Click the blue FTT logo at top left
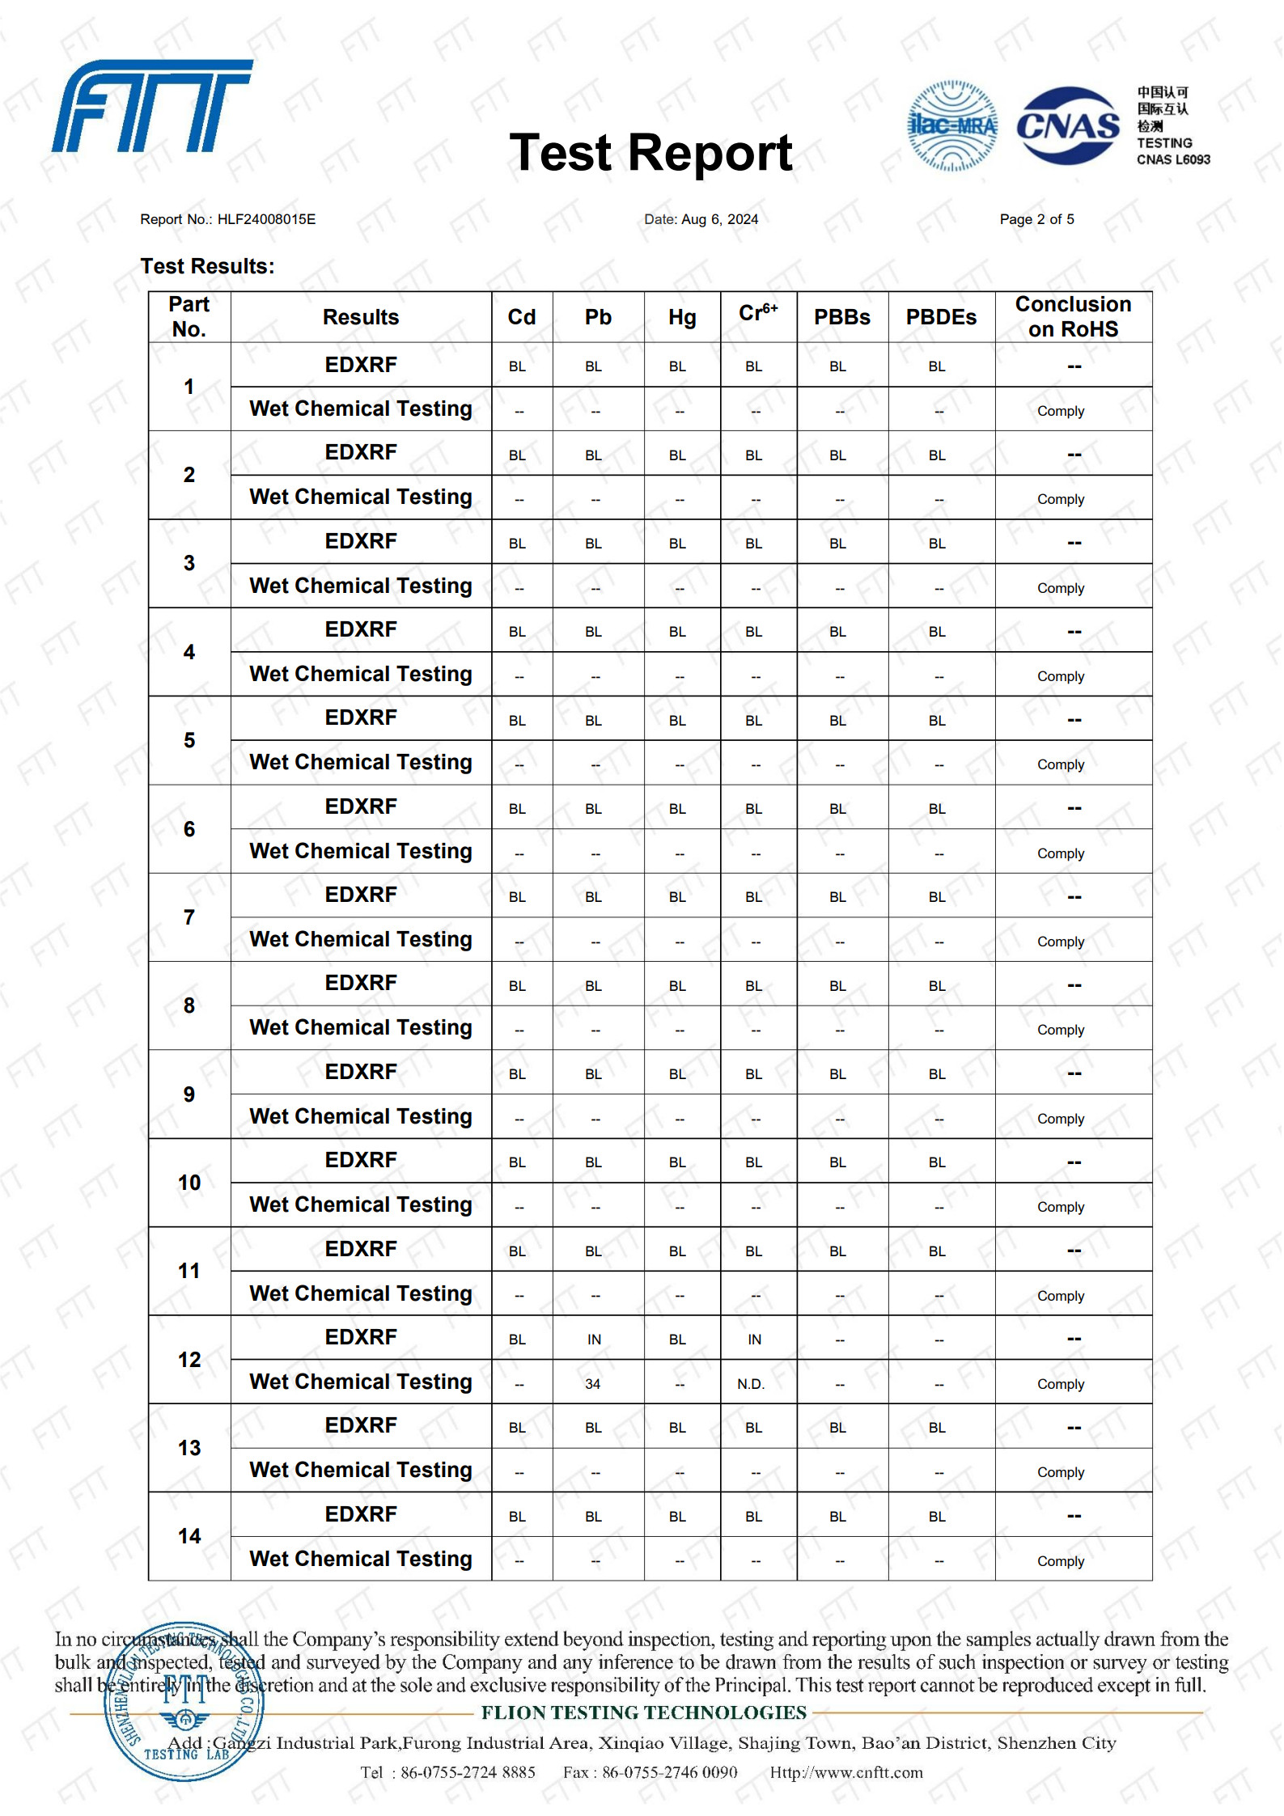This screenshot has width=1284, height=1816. (x=152, y=106)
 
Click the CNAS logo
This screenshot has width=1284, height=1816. (x=1067, y=125)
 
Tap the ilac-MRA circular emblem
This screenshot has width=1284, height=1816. (x=952, y=125)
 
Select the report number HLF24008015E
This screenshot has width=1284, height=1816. (x=266, y=219)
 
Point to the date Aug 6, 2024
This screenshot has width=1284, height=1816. (x=719, y=219)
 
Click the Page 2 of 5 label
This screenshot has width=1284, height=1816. (x=1036, y=219)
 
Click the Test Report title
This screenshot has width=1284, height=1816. (x=650, y=153)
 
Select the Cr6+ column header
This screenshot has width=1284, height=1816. (x=757, y=315)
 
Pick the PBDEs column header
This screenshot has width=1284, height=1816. (x=941, y=317)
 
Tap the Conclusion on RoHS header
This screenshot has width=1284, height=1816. (x=1073, y=316)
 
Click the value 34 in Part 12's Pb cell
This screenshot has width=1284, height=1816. (x=592, y=1384)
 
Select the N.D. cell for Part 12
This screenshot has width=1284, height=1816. (x=751, y=1384)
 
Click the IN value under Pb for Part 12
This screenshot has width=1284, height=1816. (x=594, y=1340)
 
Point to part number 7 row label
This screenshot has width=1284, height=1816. (x=189, y=917)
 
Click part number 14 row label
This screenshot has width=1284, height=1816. (x=189, y=1536)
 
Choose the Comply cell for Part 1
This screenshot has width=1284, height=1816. (x=1061, y=411)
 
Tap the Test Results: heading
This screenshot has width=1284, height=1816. (x=207, y=266)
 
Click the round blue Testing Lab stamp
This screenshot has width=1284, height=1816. (x=184, y=1701)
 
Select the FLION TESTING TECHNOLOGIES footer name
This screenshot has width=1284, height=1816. (x=644, y=1712)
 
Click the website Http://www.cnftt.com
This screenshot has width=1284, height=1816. (x=845, y=1772)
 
